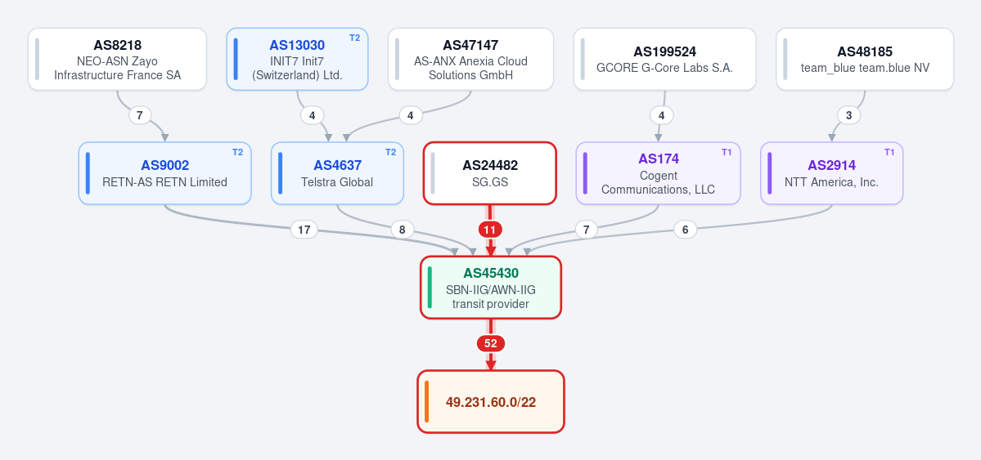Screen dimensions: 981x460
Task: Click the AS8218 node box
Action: pyautogui.click(x=117, y=60)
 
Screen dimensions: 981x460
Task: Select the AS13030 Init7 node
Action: pyautogui.click(x=297, y=60)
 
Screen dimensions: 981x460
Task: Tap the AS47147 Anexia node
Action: pyautogui.click(x=470, y=60)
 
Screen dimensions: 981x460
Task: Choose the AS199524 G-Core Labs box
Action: pyautogui.click(x=664, y=60)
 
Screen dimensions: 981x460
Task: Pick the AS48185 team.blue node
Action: pyautogui.click(x=865, y=60)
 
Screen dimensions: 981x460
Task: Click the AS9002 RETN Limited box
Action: pyautogui.click(x=164, y=173)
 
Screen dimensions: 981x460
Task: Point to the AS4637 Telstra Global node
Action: pyautogui.click(x=337, y=173)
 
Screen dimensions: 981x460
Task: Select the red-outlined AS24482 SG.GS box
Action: pyautogui.click(x=490, y=173)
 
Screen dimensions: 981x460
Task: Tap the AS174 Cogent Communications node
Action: pyautogui.click(x=658, y=173)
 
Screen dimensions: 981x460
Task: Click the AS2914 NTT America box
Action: pyautogui.click(x=831, y=173)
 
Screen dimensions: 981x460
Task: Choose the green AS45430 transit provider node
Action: pyautogui.click(x=491, y=288)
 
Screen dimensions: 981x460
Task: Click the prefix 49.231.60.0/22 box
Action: pyautogui.click(x=491, y=401)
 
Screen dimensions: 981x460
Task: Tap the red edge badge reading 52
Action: pyautogui.click(x=491, y=344)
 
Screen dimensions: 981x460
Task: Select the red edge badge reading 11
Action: pyautogui.click(x=490, y=230)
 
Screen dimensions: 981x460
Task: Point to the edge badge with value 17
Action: pyautogui.click(x=304, y=230)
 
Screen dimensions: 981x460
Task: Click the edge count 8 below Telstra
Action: pyautogui.click(x=402, y=230)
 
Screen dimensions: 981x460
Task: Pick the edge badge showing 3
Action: pyautogui.click(x=849, y=116)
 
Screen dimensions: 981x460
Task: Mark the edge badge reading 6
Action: pyautogui.click(x=685, y=230)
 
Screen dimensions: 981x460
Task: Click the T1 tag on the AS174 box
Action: pyautogui.click(x=727, y=152)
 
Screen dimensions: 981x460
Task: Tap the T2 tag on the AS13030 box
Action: pyautogui.click(x=355, y=38)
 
